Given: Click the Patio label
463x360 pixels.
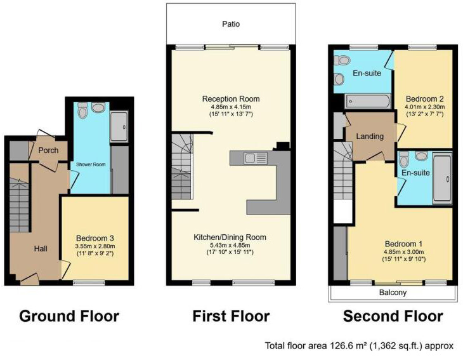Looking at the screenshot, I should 231,24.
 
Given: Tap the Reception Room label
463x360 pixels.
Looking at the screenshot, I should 231,99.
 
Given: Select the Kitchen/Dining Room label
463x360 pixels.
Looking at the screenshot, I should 230,237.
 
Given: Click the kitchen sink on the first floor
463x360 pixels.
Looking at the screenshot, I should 251,157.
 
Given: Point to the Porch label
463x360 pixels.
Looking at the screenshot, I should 49,150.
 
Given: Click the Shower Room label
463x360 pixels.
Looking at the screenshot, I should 90,164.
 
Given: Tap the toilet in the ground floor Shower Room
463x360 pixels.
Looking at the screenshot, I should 82,111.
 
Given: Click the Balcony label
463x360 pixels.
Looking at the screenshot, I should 393,293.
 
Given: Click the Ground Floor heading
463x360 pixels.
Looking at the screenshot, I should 69,316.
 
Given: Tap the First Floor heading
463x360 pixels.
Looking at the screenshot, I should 231,316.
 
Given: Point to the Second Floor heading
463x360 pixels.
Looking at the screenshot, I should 393,316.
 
